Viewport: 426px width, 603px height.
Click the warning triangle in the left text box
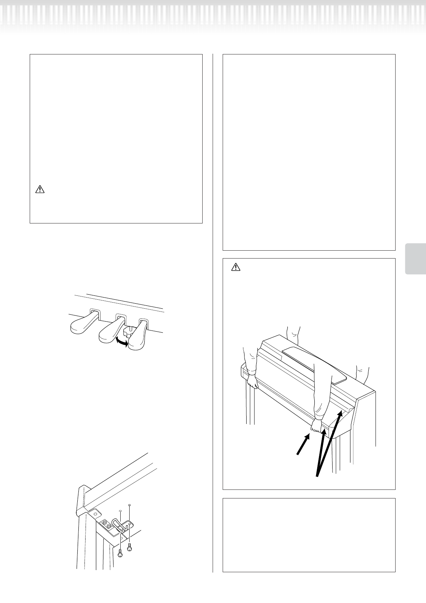click(39, 189)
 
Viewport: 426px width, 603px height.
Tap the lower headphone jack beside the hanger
click(108, 526)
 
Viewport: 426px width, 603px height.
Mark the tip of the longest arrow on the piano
click(342, 411)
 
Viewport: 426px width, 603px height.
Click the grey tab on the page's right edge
click(416, 259)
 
